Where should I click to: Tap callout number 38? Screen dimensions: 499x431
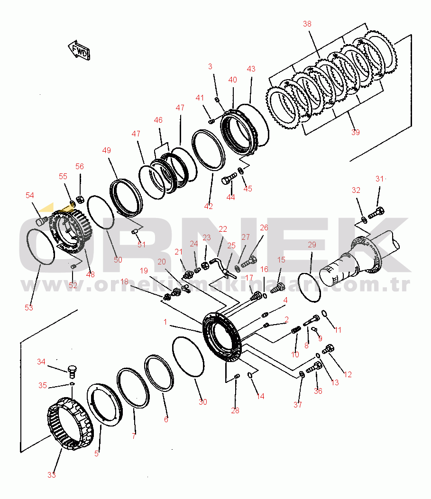click(307, 24)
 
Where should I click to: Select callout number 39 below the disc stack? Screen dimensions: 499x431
click(355, 132)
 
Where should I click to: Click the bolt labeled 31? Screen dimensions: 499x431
click(376, 213)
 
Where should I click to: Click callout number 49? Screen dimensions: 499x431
click(107, 151)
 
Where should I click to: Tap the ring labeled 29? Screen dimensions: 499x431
click(310, 286)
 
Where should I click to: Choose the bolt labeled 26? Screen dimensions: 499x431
click(249, 260)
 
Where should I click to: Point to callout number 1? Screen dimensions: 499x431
click(165, 322)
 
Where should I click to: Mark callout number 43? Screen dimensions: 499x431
click(251, 69)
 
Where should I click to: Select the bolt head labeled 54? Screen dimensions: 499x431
click(41, 221)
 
